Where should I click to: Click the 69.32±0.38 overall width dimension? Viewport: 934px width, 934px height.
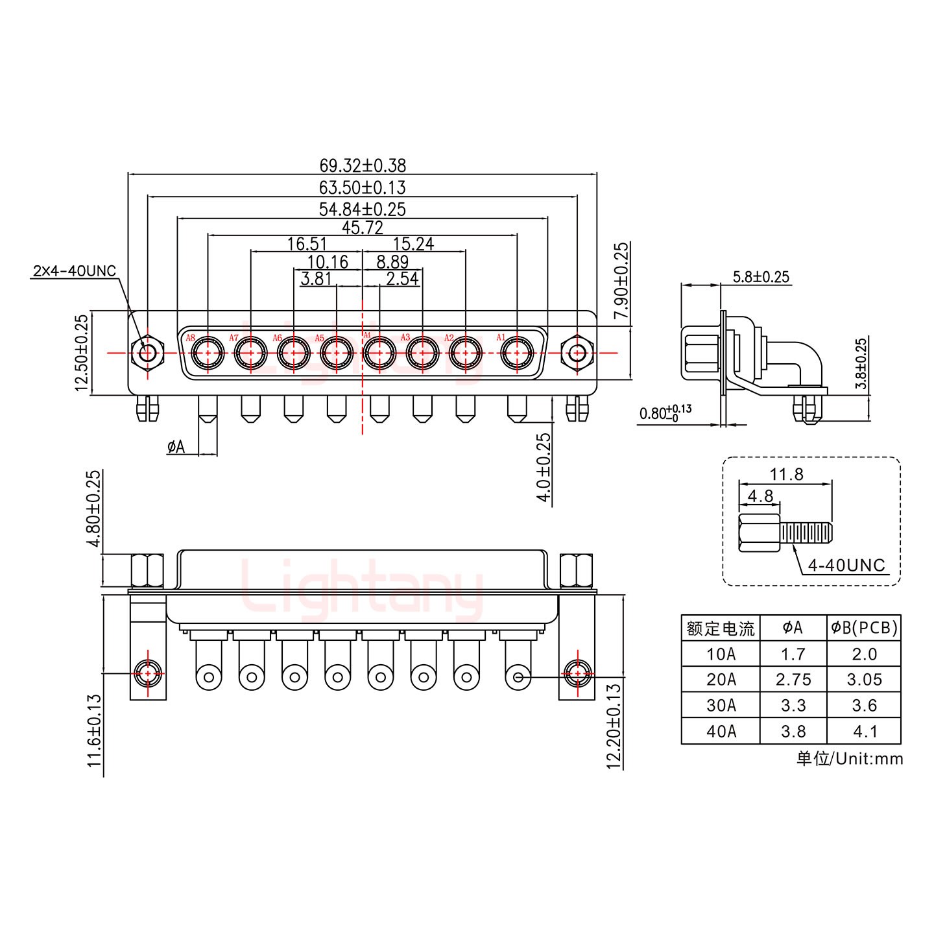coord(362,165)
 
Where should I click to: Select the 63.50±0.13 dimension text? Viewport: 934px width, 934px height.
coord(362,187)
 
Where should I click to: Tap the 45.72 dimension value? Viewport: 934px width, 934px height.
coord(362,228)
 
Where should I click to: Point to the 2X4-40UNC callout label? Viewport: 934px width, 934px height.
coord(73,270)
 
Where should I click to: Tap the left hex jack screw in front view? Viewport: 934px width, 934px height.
coord(147,353)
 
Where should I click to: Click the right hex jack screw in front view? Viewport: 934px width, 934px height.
coord(576,353)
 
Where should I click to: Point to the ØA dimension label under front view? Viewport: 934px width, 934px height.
coord(176,446)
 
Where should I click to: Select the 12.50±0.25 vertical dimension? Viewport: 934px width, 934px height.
coord(82,353)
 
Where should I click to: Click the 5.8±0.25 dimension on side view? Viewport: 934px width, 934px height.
coord(761,277)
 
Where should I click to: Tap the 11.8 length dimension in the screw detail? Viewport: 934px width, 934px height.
coord(786,474)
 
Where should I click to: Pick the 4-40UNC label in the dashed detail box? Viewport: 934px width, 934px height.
coord(846,565)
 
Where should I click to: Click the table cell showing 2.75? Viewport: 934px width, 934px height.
coord(793,679)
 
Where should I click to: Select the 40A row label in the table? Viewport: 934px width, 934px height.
coord(721,731)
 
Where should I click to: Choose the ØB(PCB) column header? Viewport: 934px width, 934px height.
coord(864,627)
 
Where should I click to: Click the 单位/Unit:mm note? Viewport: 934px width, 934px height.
coord(849,758)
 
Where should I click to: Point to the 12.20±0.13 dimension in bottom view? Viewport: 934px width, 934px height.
coord(614,725)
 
